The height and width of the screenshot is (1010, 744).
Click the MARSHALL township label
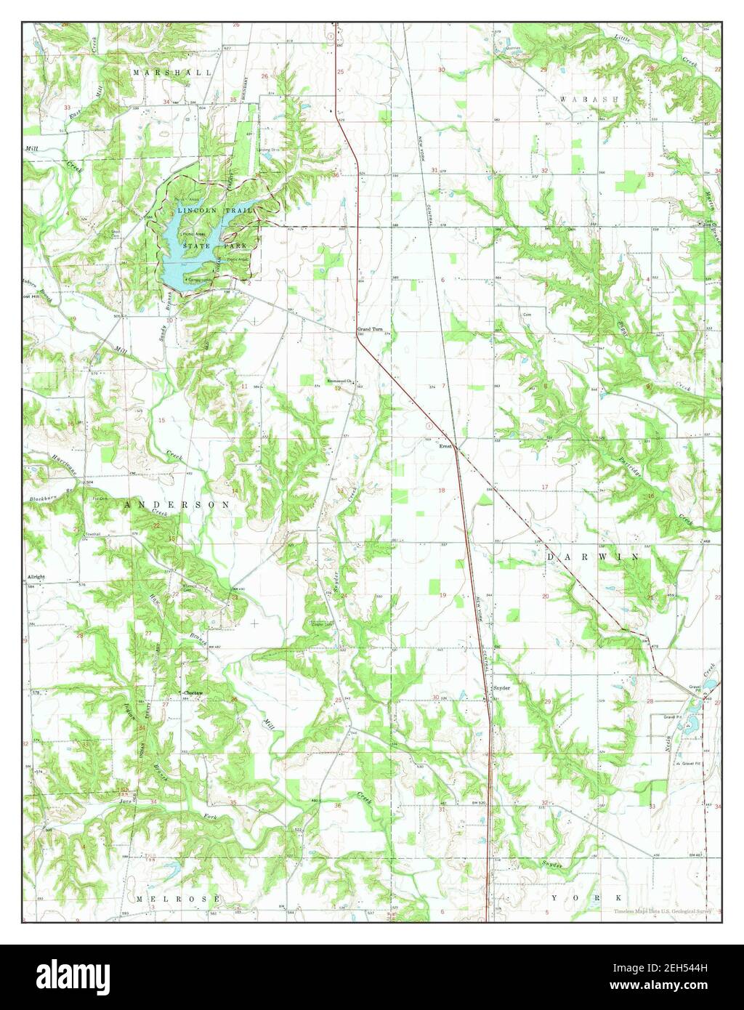click(173, 73)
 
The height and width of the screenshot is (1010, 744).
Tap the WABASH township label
click(589, 97)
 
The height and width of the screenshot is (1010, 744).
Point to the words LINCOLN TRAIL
click(217, 210)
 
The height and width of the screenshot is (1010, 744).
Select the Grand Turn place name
click(369, 329)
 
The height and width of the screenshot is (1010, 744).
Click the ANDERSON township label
click(177, 504)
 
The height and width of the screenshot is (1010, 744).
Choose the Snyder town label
click(502, 687)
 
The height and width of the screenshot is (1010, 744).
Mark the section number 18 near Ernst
click(441, 490)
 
